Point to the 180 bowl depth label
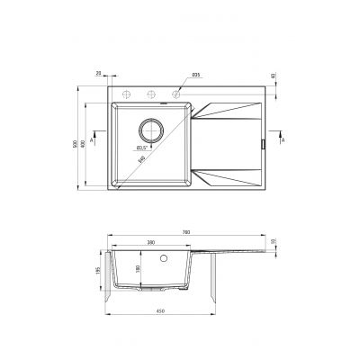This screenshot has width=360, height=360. click(x=138, y=268)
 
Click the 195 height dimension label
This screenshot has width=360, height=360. click(x=98, y=272)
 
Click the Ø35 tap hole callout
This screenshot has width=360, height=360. click(x=196, y=75)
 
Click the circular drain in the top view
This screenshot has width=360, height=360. click(x=150, y=129)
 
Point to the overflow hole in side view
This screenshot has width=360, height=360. click(x=163, y=257)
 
